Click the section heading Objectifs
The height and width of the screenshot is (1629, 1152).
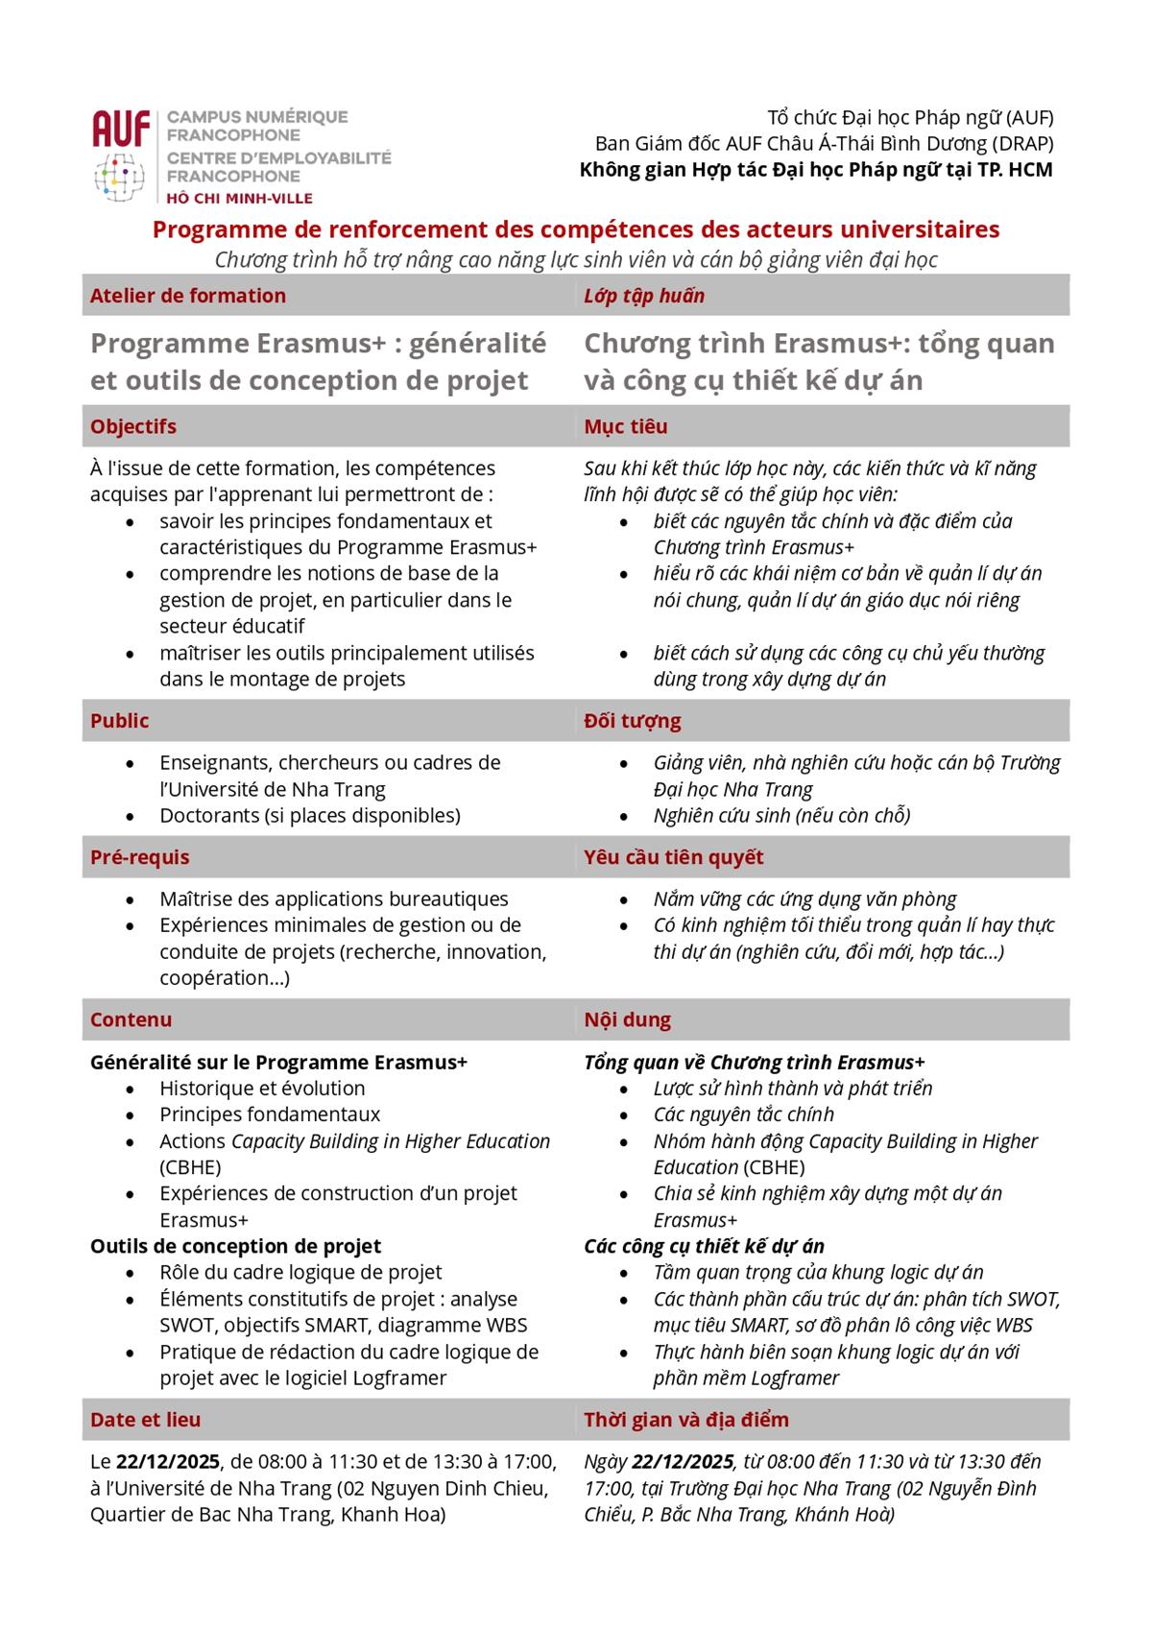[x=133, y=426]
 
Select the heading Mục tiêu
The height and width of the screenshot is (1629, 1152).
[x=626, y=426]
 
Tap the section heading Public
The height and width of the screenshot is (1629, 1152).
[x=120, y=721]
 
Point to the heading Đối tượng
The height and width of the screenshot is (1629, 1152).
[x=633, y=721]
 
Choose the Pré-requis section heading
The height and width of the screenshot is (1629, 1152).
[x=140, y=857]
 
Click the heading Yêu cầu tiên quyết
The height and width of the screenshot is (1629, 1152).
[x=674, y=857]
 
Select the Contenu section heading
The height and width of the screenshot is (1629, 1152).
[x=132, y=1019]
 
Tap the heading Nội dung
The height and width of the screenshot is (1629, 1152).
[x=628, y=1019]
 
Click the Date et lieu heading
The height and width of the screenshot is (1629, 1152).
[x=146, y=1420]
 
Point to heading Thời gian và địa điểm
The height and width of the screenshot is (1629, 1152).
[x=686, y=1420]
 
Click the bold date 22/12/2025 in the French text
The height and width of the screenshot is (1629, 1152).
[x=168, y=1462]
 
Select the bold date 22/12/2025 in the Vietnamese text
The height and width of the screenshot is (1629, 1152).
[x=683, y=1462]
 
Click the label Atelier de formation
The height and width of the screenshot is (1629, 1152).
[x=188, y=296]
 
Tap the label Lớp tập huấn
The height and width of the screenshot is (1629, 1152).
[x=644, y=296]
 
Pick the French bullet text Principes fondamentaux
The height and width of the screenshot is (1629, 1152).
[x=270, y=1114]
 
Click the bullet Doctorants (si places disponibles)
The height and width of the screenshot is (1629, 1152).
[x=310, y=816]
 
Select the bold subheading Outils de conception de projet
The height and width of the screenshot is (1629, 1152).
[x=235, y=1246]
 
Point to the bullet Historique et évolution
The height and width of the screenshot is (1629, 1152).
[x=262, y=1089]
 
